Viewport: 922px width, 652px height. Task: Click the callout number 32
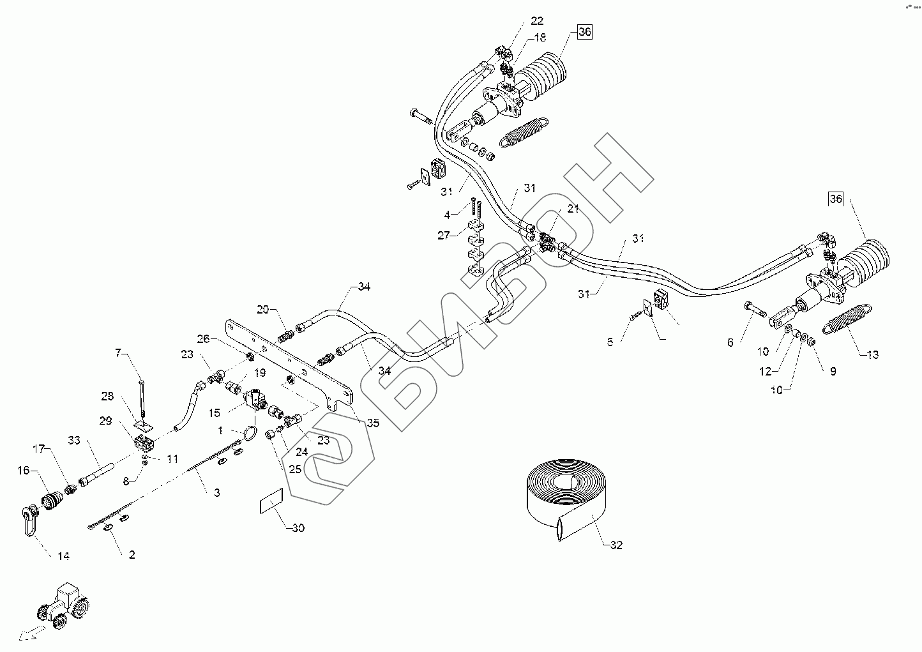[616, 545]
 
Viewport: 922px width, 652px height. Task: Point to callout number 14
[63, 556]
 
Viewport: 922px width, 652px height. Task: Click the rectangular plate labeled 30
[271, 501]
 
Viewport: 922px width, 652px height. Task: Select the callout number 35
[373, 423]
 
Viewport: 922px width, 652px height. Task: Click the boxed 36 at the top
[585, 32]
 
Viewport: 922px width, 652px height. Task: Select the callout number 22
[537, 20]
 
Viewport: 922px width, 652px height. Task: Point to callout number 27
[444, 236]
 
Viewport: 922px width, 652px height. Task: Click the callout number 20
[263, 309]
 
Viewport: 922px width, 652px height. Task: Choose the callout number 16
[24, 470]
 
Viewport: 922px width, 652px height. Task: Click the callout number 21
[573, 209]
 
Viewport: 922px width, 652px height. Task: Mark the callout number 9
[833, 371]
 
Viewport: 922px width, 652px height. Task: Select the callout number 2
[132, 554]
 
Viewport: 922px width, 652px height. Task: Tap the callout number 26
[203, 338]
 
